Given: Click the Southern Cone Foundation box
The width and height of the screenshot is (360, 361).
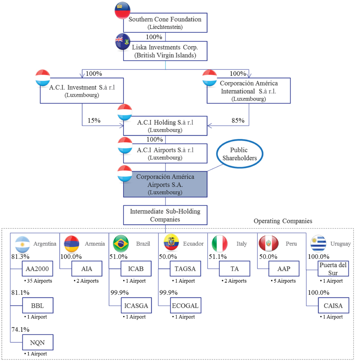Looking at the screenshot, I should coord(165,23).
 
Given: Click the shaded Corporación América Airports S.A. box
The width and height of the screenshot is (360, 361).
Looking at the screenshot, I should coord(165,184).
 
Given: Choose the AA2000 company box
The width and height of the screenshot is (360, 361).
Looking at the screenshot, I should coord(37,269).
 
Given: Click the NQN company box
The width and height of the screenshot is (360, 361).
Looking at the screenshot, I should coord(37,342).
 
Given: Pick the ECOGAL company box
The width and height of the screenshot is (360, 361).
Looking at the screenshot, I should coord(185,306).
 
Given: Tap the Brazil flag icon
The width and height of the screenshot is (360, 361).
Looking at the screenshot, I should coord(121,243).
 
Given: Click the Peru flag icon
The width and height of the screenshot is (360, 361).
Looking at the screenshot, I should coord(269,243).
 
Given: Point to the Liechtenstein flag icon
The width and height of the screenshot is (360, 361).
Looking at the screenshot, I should coord(122,10).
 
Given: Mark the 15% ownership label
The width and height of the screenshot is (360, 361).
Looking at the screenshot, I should coord(94,120).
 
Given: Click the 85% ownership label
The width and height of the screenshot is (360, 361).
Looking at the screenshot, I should coord(238,120).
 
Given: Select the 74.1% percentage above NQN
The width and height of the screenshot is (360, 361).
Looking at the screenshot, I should coord(21,329).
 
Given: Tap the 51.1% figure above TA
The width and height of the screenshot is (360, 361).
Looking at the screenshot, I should coord(218,256).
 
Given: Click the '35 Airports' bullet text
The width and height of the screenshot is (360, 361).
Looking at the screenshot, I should coord(37,281).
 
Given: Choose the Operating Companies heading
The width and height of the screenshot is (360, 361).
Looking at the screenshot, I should coord(283,221).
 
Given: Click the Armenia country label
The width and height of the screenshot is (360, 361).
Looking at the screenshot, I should coord(95,243).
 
